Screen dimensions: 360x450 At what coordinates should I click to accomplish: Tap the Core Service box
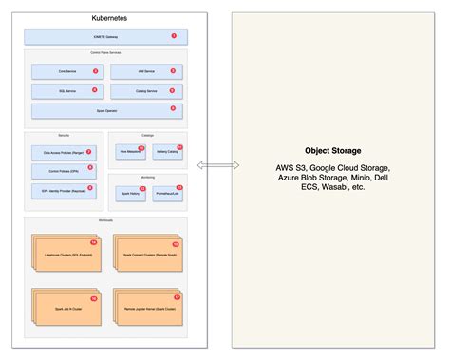(65, 71)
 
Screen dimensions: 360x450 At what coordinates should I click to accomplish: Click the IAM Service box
(144, 71)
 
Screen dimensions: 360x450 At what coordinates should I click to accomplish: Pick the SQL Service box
(65, 91)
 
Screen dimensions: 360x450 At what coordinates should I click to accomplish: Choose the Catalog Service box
(144, 91)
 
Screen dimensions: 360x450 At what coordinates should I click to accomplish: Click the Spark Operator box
(104, 111)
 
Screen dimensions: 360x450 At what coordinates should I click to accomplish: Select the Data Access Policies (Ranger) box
(63, 152)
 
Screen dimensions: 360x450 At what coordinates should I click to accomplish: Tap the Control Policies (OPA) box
(63, 170)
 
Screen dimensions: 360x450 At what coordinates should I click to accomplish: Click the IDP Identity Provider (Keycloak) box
(63, 190)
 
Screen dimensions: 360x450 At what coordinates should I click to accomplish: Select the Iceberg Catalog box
(168, 150)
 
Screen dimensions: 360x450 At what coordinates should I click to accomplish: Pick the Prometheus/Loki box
(168, 192)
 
